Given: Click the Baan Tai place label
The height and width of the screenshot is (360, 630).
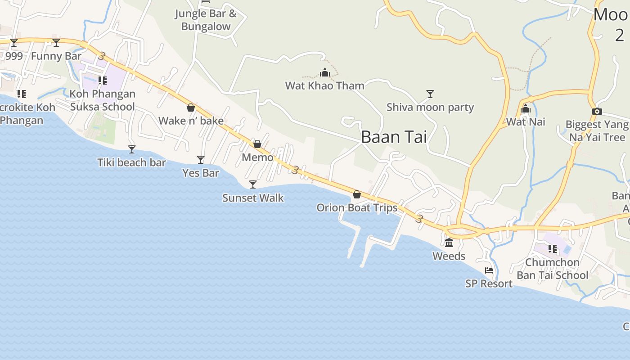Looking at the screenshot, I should (x=394, y=137).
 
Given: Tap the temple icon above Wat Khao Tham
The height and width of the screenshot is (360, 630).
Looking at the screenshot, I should (x=325, y=72).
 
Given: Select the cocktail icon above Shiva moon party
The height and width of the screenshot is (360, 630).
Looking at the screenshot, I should (x=430, y=94).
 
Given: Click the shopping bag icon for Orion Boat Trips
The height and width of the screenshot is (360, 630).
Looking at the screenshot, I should (x=357, y=194).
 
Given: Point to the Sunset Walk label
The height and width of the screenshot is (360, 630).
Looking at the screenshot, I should (x=253, y=198).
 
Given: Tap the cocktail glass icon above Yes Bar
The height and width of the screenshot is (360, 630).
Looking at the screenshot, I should (x=201, y=160).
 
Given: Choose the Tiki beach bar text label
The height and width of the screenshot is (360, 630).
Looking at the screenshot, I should (x=131, y=162).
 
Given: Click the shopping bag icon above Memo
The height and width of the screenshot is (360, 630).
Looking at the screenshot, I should (x=257, y=144).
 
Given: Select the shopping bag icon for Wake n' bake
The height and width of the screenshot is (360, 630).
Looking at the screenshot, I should (x=191, y=108).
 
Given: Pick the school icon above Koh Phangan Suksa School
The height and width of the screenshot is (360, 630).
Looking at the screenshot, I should (x=103, y=81).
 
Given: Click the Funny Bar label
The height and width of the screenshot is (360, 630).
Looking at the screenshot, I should (x=56, y=56).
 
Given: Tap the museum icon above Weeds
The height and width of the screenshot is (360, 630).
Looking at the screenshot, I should (x=449, y=243).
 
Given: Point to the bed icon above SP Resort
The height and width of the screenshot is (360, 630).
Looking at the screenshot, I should (x=489, y=270).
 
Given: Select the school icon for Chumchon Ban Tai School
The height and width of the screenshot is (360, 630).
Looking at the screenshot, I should (x=553, y=249).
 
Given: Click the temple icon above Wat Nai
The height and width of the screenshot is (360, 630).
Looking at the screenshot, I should (x=526, y=108).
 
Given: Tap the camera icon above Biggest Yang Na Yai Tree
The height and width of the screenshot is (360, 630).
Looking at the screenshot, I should (x=597, y=111).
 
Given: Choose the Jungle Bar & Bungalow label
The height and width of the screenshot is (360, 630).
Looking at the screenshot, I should (x=206, y=20).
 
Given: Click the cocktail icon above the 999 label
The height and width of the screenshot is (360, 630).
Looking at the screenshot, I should (x=14, y=43).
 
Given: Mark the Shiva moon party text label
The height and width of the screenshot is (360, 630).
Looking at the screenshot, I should (x=430, y=107).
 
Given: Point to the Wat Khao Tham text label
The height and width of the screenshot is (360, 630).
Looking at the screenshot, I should (x=325, y=85).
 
